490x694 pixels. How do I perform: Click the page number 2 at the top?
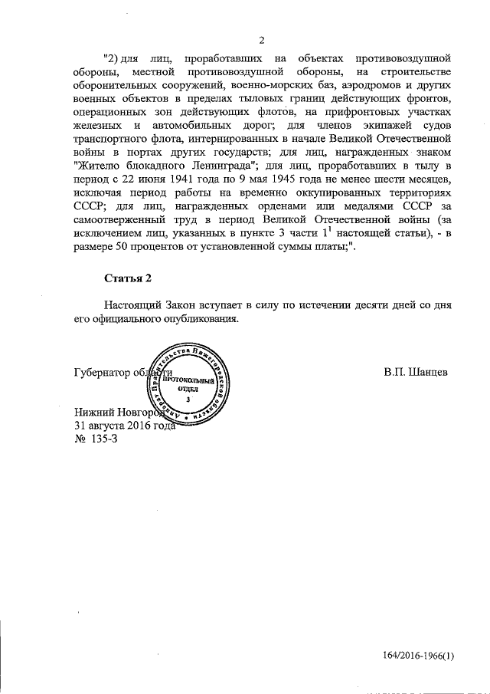click(260, 41)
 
